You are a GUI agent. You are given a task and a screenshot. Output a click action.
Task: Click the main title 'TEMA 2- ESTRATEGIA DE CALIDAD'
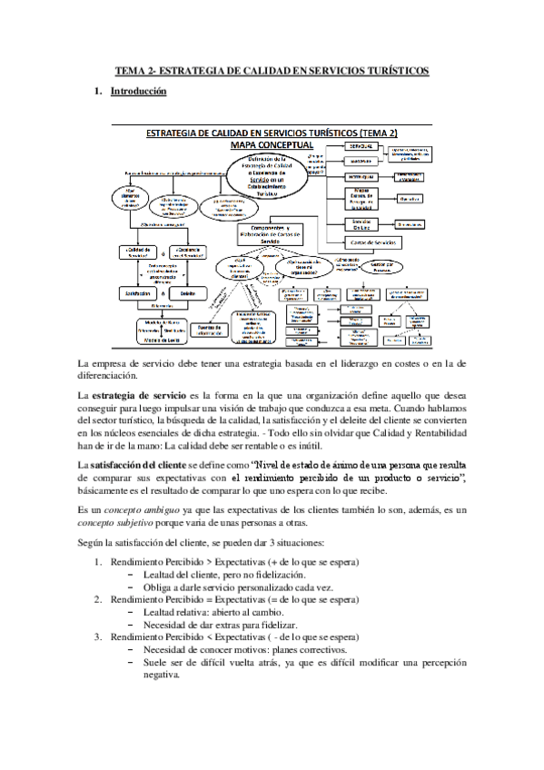(272, 70)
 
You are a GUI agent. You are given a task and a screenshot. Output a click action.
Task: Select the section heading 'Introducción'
(138, 92)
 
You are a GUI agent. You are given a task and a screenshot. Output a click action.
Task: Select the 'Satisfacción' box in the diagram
(141, 294)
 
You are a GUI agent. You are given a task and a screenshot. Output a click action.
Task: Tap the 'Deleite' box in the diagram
(188, 294)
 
